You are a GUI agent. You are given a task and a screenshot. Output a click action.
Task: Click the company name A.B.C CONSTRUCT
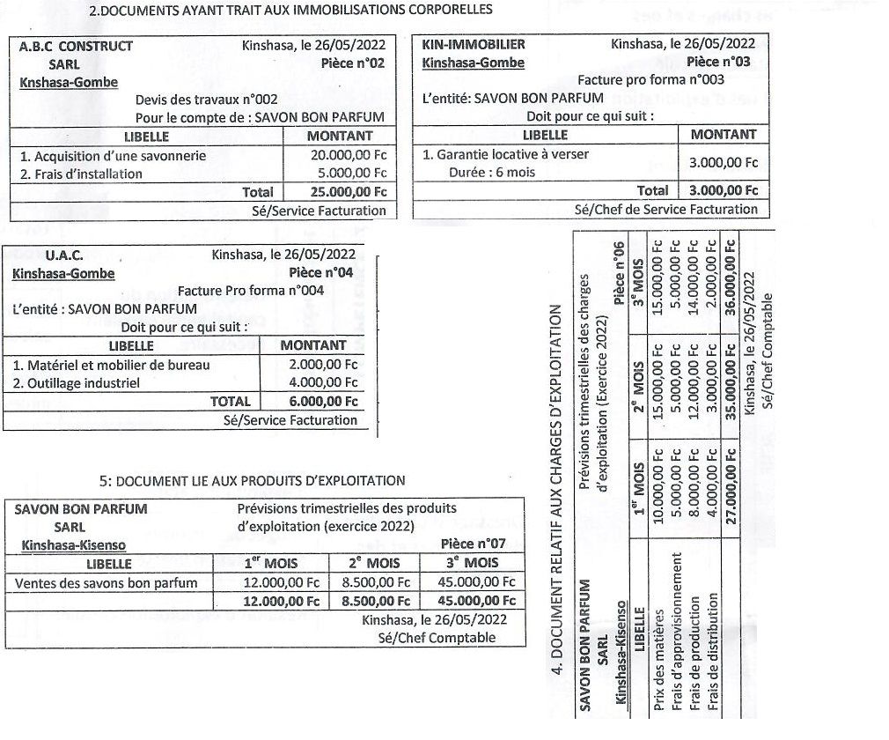pyautogui.click(x=76, y=46)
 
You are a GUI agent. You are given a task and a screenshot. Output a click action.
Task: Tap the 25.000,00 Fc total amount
pyautogui.click(x=349, y=192)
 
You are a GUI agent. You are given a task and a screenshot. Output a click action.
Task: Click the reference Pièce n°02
pyautogui.click(x=354, y=63)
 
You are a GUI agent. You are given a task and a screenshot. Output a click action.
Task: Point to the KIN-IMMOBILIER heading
pyautogui.click(x=474, y=44)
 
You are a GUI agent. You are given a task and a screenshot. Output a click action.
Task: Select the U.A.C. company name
pyautogui.click(x=64, y=255)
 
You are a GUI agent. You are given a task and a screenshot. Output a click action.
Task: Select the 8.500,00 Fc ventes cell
pyautogui.click(x=376, y=582)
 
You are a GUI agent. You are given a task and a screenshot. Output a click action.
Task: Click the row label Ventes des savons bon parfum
pyautogui.click(x=107, y=582)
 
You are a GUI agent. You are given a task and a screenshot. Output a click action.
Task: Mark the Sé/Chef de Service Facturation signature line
pyautogui.click(x=665, y=210)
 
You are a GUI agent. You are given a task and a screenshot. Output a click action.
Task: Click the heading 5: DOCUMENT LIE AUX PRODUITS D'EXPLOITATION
pyautogui.click(x=253, y=481)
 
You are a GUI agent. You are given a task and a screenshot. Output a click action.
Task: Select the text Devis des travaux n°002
pyautogui.click(x=207, y=100)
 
